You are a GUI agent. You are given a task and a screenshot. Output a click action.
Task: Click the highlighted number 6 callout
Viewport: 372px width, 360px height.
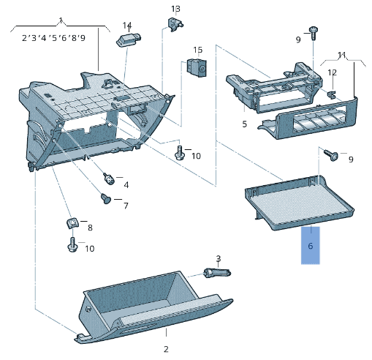pos(311,246)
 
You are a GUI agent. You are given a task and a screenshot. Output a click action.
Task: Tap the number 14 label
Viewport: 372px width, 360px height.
pos(127,26)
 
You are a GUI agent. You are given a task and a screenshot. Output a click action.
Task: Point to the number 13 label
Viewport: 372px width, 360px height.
pos(175,9)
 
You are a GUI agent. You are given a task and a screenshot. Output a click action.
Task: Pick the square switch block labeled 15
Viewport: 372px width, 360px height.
pos(195,67)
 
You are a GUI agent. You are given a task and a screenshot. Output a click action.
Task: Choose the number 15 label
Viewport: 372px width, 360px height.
pos(197,50)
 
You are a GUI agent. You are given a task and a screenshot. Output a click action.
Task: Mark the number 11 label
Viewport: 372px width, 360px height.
pos(341,55)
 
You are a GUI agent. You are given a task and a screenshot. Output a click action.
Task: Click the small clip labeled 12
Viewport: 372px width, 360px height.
pos(330,94)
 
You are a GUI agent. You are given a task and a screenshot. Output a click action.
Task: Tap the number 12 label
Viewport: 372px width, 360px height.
pos(332,72)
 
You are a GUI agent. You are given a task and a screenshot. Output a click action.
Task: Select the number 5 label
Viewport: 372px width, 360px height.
pos(245,124)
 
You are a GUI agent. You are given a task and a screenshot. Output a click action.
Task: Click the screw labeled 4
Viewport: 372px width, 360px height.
pos(108,177)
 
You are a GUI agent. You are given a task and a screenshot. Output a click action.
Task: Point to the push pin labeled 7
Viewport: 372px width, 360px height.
pos(106,198)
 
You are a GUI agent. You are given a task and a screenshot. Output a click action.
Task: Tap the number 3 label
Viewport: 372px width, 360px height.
pos(218,258)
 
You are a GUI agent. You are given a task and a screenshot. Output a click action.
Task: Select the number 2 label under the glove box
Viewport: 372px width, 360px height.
pos(166,349)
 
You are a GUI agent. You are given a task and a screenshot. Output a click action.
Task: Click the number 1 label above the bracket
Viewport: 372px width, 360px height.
pos(61,20)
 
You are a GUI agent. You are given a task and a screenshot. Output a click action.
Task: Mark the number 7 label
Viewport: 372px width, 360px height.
pos(125,206)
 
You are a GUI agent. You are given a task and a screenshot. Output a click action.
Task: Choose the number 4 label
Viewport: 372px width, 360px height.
pos(126,184)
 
